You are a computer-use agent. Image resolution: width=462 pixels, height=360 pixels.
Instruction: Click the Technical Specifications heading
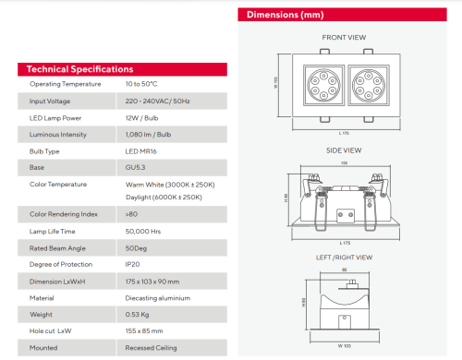(x=79, y=69)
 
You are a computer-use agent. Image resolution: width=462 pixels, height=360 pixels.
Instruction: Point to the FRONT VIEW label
(x=344, y=38)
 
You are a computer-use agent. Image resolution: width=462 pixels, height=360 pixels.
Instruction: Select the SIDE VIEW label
(x=344, y=150)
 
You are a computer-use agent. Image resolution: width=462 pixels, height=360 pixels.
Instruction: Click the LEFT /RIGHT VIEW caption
(x=344, y=258)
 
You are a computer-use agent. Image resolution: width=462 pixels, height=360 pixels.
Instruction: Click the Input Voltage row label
(x=50, y=101)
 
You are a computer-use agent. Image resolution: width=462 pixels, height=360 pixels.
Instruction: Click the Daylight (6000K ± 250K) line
(x=164, y=197)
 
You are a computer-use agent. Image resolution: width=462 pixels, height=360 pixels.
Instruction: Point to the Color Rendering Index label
(x=63, y=214)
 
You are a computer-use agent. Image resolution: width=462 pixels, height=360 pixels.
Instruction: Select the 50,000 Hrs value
(x=144, y=231)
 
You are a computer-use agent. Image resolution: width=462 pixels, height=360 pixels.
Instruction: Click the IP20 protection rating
(x=133, y=264)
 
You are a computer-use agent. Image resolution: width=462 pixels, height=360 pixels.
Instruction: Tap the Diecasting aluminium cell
(x=158, y=297)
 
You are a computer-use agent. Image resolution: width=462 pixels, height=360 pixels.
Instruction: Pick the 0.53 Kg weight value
(x=139, y=314)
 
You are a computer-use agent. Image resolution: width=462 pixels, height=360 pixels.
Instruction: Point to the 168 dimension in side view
(x=344, y=164)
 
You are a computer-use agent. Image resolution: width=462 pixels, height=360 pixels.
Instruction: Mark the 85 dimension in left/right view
(x=344, y=270)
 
